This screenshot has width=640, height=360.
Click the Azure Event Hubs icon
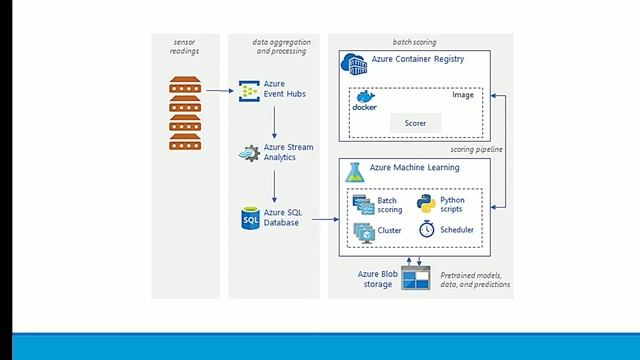point(248,93)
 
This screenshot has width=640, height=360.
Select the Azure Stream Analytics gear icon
point(249,154)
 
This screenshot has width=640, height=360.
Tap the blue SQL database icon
point(249,217)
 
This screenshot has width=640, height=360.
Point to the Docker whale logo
point(365,102)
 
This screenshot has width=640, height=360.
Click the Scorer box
point(415,122)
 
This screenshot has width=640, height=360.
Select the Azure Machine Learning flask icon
point(354,171)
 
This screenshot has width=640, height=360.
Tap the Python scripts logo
point(424,203)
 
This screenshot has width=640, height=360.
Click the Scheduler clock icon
point(426,230)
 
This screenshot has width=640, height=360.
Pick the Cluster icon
point(363,231)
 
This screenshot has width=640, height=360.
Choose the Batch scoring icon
point(363,204)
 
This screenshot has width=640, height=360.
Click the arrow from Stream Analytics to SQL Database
point(274,185)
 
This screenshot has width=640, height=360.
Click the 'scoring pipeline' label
point(475,149)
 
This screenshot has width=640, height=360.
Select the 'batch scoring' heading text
point(414,42)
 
